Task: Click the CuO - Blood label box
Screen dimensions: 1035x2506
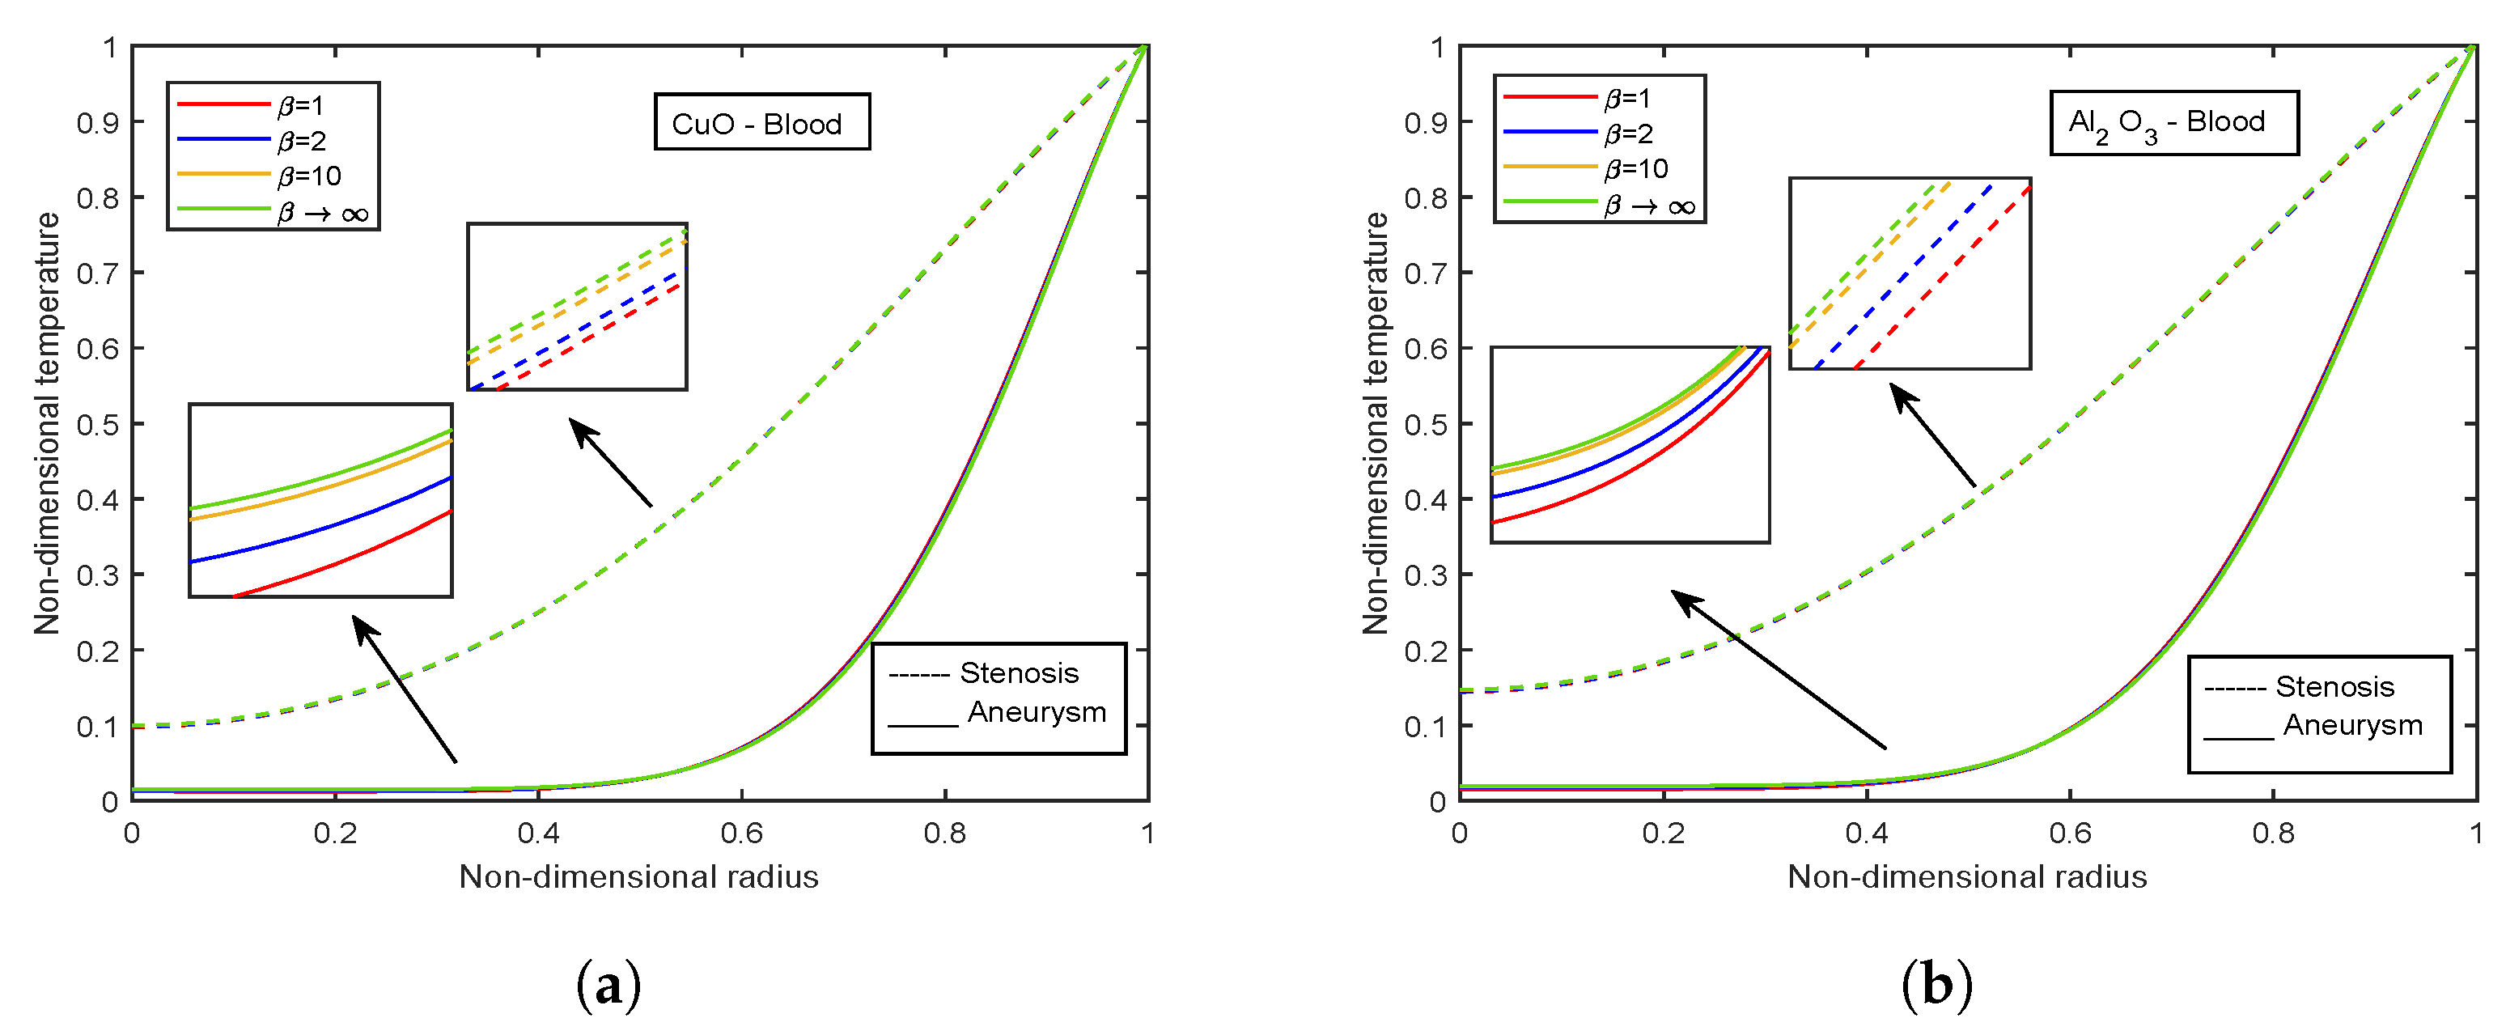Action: [x=761, y=122]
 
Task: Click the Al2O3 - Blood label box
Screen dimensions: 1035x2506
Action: [x=2173, y=122]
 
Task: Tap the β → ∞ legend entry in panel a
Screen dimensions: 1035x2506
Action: [x=322, y=212]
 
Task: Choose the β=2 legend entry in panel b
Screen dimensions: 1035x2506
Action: [x=1629, y=134]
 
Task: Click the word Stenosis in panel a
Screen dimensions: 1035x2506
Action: [x=1019, y=673]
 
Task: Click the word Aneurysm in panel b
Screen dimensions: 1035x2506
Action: [x=2352, y=726]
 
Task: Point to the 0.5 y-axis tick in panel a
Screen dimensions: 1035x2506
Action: [x=97, y=425]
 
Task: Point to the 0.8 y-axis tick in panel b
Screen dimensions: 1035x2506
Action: [x=1425, y=198]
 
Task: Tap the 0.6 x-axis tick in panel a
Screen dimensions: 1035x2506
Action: [x=741, y=834]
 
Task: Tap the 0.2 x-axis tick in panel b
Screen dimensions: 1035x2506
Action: [x=1664, y=834]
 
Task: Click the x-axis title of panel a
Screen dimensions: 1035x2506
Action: [x=638, y=877]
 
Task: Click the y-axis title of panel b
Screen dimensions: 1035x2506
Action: [x=1375, y=423]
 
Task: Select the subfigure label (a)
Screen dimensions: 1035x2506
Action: [x=609, y=986]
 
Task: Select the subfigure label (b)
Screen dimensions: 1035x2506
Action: [x=1936, y=986]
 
